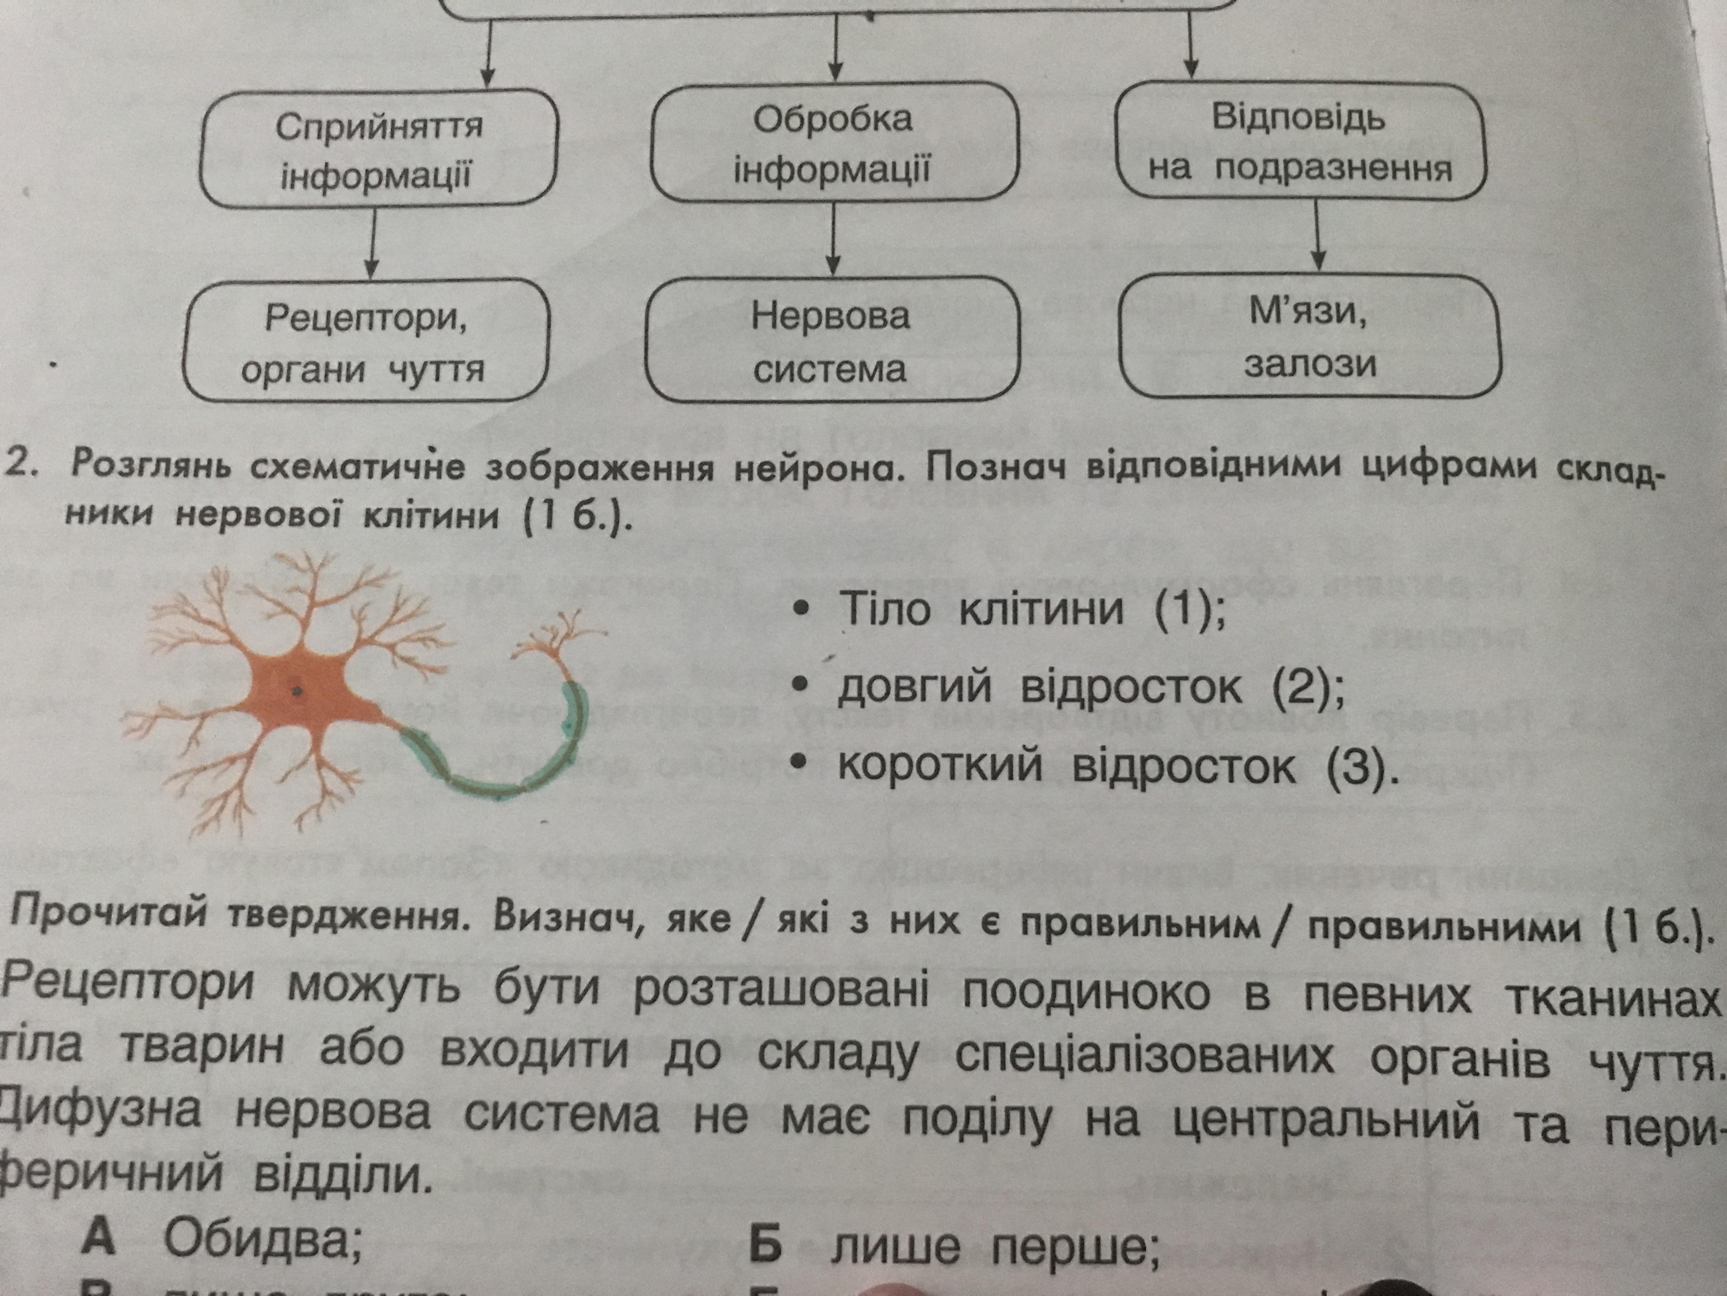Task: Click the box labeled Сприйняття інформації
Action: pos(379,148)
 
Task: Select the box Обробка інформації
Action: pos(834,142)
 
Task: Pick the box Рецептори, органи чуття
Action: pos(365,342)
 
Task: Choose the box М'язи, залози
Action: pos(1309,336)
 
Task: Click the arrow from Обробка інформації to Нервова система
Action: pos(834,238)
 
